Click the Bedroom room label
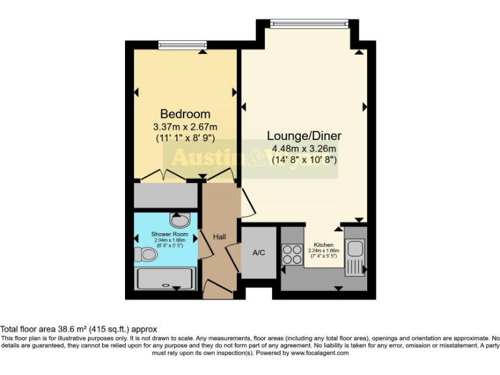(186, 114)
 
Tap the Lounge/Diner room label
(304, 136)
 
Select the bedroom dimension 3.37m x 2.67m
(186, 126)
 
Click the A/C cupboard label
(258, 253)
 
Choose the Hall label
(219, 237)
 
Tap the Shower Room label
(170, 234)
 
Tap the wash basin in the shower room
(178, 219)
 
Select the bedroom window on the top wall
(182, 44)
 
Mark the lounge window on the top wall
(310, 24)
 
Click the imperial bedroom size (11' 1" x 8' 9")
(186, 138)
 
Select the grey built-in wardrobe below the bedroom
(165, 195)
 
